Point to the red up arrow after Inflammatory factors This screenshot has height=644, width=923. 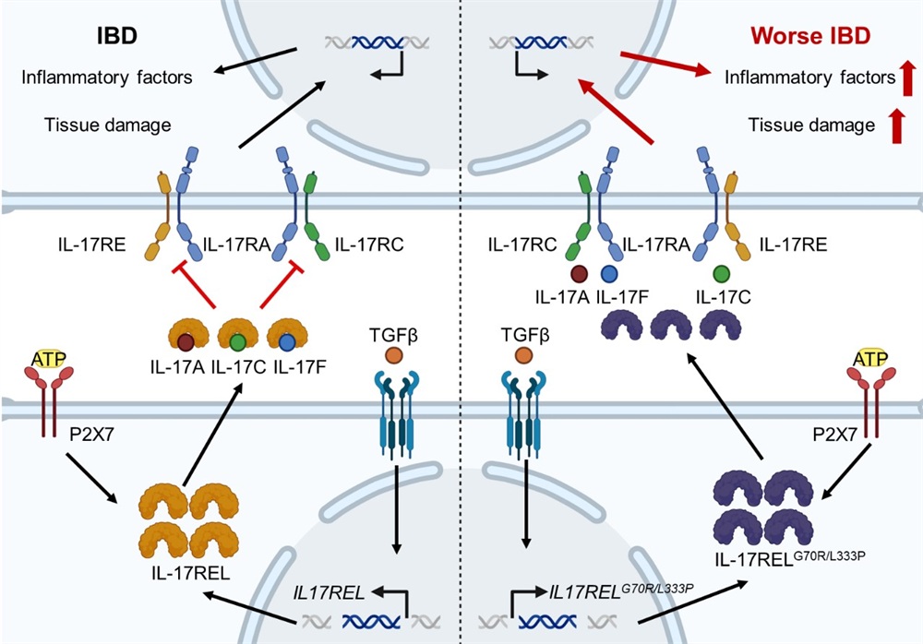(908, 78)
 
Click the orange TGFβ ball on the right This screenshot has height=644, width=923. (523, 354)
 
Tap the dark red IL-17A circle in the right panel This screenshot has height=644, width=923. (580, 273)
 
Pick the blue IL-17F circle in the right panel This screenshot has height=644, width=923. (609, 273)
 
